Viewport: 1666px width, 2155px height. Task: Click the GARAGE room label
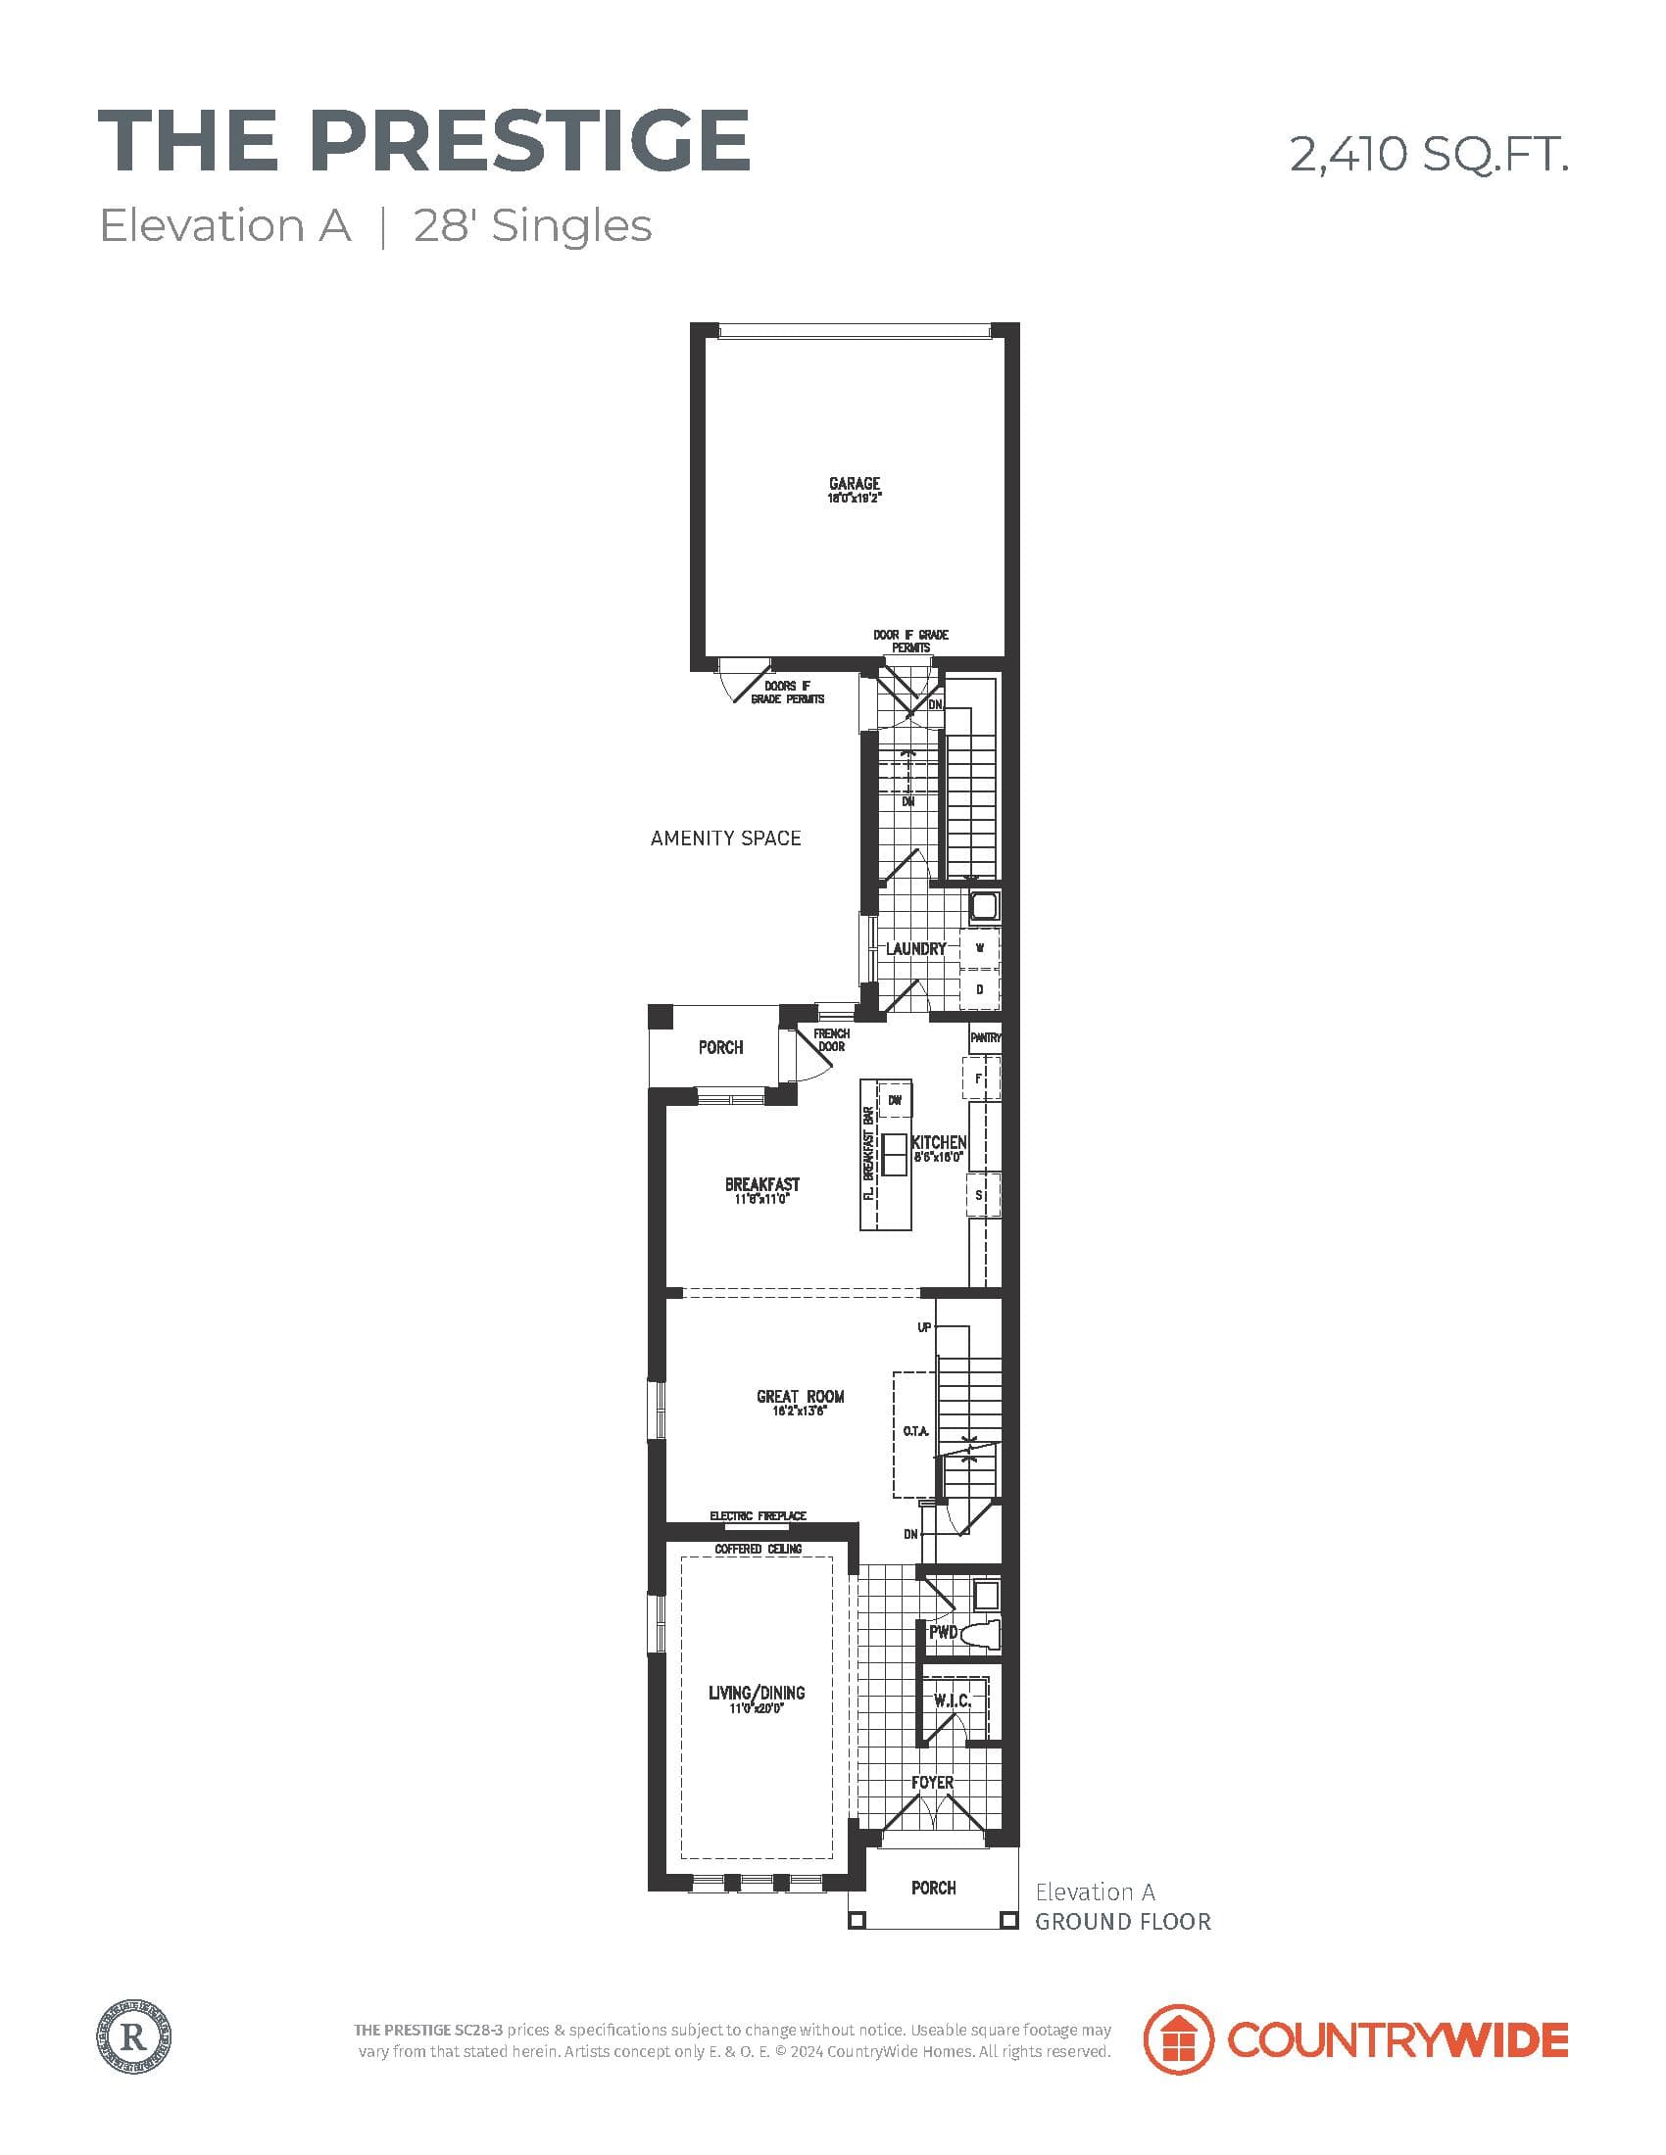click(854, 484)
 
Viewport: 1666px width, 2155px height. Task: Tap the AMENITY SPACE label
click(725, 838)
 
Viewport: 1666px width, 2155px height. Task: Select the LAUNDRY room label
click(915, 949)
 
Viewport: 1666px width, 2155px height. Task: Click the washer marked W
click(980, 948)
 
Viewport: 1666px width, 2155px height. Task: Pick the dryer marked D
click(980, 988)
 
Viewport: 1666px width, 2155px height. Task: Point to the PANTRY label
click(985, 1038)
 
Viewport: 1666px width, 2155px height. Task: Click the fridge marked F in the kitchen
click(980, 1078)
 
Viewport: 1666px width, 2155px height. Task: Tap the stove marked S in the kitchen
click(980, 1195)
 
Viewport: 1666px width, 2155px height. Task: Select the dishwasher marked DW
click(895, 1100)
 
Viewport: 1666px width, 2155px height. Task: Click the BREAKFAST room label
click(761, 1184)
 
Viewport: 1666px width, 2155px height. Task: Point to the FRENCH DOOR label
click(831, 1040)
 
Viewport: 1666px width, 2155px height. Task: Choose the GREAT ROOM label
click(801, 1396)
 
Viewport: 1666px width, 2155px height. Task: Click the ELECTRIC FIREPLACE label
click(758, 1515)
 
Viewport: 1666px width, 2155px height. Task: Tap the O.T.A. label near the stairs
click(915, 1431)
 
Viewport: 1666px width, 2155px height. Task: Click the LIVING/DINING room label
click(757, 1694)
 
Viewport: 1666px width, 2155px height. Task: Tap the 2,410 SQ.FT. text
click(1428, 155)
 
